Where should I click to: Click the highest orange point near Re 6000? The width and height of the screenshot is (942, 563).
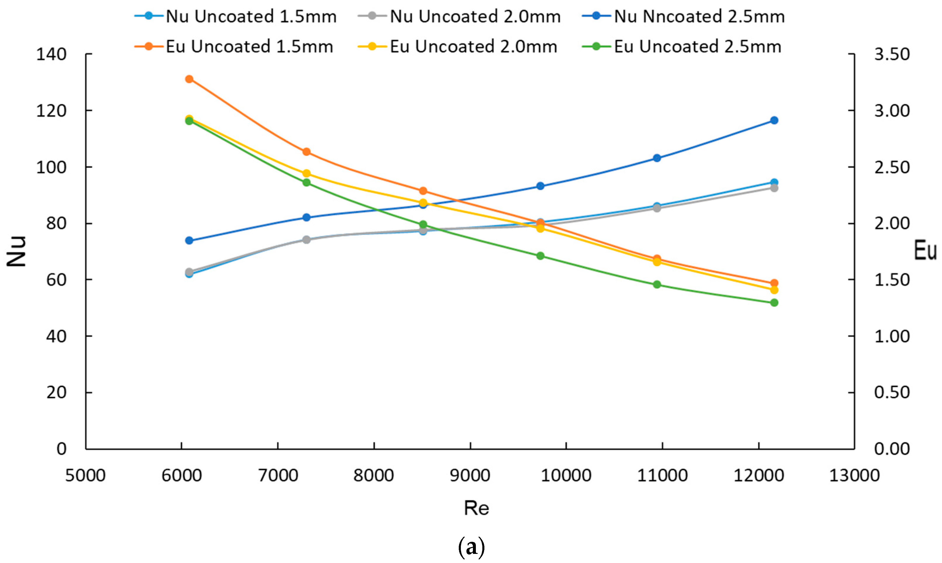(x=189, y=79)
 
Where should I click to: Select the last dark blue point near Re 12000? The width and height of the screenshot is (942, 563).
(x=774, y=120)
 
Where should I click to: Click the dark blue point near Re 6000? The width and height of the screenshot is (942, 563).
(x=189, y=240)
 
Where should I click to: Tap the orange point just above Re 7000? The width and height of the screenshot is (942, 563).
(x=306, y=152)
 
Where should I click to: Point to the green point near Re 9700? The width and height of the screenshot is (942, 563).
(x=540, y=256)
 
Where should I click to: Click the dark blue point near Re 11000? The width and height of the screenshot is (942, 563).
(x=657, y=158)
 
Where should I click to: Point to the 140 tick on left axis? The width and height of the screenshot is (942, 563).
(x=51, y=54)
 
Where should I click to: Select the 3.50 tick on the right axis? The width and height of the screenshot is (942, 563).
(x=892, y=54)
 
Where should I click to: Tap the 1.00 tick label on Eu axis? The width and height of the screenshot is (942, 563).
(x=892, y=336)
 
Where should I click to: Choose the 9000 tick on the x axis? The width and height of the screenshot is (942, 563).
(x=470, y=475)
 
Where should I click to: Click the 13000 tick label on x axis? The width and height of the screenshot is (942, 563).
(x=854, y=475)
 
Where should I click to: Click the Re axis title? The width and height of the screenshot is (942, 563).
(x=476, y=508)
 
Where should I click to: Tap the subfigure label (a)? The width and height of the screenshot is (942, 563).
(x=471, y=547)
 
